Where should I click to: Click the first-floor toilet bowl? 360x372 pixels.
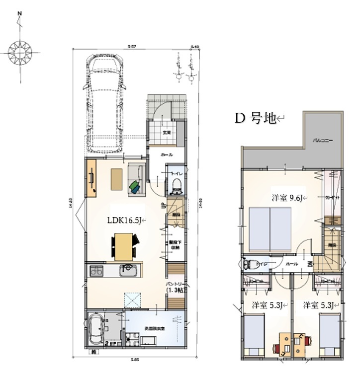[x=175, y=185]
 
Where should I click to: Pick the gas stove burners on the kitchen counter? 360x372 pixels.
[x=96, y=271]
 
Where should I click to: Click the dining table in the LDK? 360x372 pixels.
[x=123, y=246]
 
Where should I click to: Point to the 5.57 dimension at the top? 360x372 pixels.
[x=131, y=46]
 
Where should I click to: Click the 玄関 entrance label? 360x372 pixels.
[x=167, y=133]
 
